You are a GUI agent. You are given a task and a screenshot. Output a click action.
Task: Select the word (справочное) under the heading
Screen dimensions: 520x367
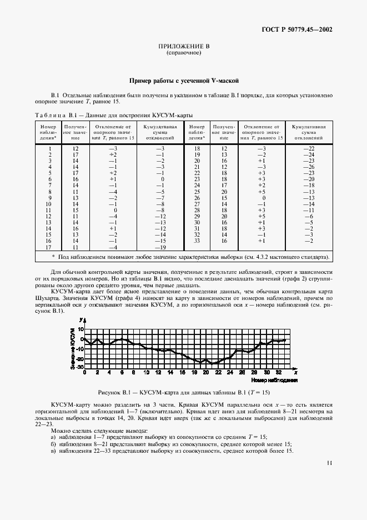click(183, 54)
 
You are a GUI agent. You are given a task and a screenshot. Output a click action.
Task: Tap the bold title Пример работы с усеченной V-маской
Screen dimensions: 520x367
click(183, 81)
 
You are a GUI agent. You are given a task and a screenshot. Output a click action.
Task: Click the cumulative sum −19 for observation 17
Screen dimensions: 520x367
click(160, 247)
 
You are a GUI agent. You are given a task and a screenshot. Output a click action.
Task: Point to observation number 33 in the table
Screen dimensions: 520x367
click(197, 241)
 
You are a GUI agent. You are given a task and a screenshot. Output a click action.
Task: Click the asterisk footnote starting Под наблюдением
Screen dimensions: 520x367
click(183, 257)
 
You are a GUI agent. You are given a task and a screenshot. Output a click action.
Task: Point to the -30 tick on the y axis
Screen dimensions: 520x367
click(79, 367)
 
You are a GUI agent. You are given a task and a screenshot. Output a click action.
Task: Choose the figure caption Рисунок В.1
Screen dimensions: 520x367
click(183, 391)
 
